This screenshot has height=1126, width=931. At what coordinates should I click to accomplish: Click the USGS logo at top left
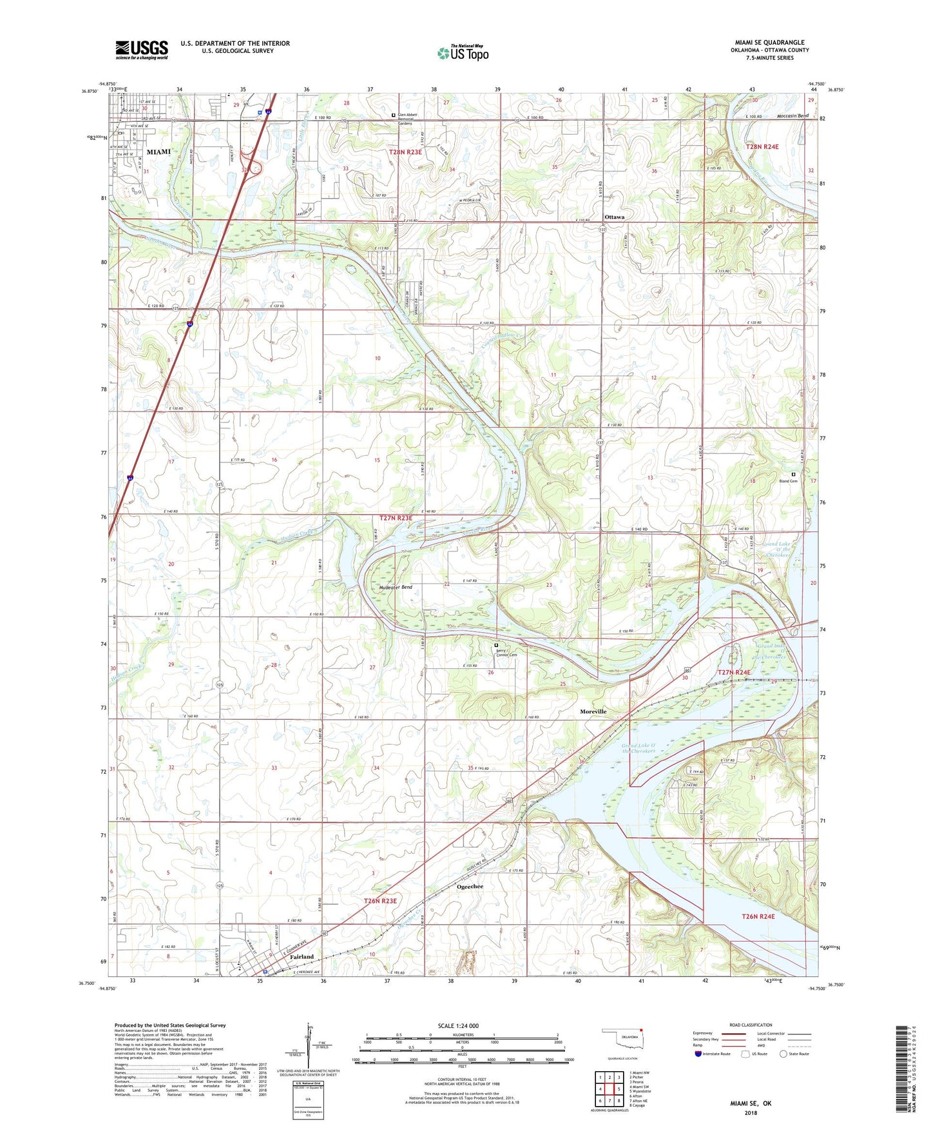pyautogui.click(x=142, y=50)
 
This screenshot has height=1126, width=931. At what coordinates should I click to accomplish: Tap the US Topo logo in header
pyautogui.click(x=463, y=53)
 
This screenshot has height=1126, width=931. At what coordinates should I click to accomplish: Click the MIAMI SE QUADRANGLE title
pyautogui.click(x=769, y=43)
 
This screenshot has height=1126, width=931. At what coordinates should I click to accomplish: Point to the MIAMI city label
pyautogui.click(x=158, y=152)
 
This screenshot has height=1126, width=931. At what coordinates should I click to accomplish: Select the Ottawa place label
pyautogui.click(x=614, y=217)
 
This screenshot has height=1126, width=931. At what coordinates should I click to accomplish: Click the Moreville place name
pyautogui.click(x=593, y=711)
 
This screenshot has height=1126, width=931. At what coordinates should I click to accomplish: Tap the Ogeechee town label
pyautogui.click(x=470, y=887)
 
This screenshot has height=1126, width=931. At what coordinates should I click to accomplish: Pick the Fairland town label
pyautogui.click(x=302, y=956)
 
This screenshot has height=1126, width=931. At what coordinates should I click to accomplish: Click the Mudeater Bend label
pyautogui.click(x=396, y=588)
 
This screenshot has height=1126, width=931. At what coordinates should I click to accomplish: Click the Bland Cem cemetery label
pyautogui.click(x=788, y=481)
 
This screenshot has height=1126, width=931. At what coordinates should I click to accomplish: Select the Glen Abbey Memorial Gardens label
pyautogui.click(x=407, y=119)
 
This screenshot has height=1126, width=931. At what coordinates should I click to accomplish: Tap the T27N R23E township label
pyautogui.click(x=396, y=518)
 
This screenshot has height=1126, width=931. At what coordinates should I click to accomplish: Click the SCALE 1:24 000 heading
pyautogui.click(x=457, y=1026)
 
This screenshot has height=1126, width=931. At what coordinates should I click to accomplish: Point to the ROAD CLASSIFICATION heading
pyautogui.click(x=750, y=1025)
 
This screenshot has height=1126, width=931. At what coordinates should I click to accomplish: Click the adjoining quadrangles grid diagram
pyautogui.click(x=609, y=1090)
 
